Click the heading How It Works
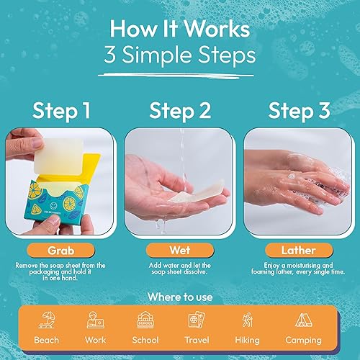coord(179,30)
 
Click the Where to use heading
coord(179,297)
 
